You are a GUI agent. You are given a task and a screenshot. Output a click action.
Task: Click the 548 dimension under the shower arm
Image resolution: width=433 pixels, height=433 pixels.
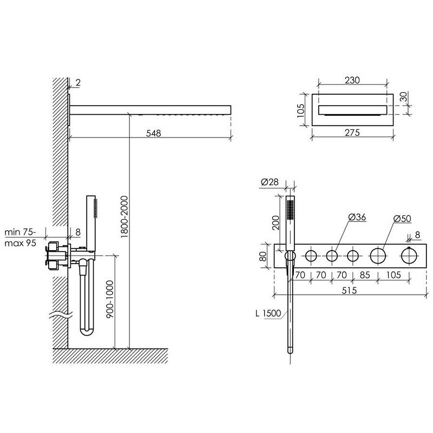154,133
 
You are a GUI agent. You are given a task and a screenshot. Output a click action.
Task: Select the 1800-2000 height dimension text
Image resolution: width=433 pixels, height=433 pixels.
124,217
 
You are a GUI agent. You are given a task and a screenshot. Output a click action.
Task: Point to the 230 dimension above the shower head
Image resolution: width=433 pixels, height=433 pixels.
352,80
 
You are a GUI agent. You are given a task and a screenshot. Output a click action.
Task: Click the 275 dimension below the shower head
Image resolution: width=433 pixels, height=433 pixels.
352,133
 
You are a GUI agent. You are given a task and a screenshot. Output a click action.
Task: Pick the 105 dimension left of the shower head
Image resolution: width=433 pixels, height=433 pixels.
301,110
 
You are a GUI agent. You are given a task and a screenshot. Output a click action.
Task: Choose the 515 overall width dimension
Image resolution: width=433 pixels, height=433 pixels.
349,291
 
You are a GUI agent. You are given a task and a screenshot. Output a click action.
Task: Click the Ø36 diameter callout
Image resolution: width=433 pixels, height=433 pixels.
357,218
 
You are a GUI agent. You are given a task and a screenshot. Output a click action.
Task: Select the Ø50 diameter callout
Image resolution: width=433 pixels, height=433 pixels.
402,219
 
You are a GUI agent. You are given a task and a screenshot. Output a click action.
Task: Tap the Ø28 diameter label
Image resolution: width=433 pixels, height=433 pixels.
270,182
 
